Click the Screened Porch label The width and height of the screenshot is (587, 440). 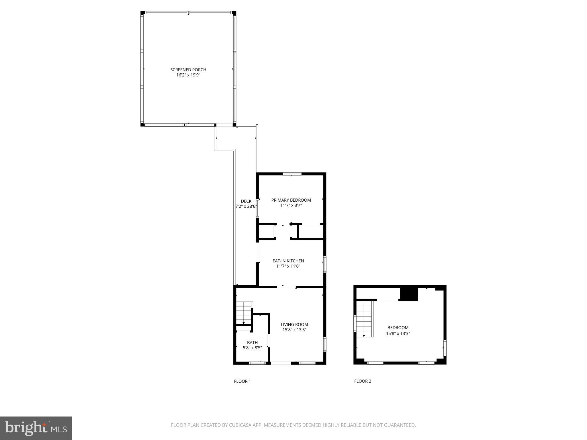tap(188, 70)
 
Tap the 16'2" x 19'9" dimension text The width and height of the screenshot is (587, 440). tap(188, 75)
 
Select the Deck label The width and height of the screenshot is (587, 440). tap(246, 201)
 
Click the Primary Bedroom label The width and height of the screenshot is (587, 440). tap(291, 200)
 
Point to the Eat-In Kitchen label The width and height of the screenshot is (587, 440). tap(288, 261)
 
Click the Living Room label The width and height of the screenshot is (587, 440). tap(294, 324)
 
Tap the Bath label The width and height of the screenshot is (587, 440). tap(252, 342)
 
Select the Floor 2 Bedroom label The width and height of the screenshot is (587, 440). tap(398, 327)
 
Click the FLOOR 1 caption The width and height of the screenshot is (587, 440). tap(242, 381)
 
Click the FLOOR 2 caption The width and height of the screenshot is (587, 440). tap(363, 381)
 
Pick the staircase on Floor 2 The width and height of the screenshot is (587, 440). tap(364, 318)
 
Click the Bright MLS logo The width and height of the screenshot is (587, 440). tap(36, 428)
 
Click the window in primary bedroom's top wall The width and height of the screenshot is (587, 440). tap(292, 174)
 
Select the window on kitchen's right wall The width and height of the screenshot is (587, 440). tap(325, 264)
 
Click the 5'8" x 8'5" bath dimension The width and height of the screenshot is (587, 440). tap(252, 348)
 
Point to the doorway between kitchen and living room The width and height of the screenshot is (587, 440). tap(286, 287)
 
